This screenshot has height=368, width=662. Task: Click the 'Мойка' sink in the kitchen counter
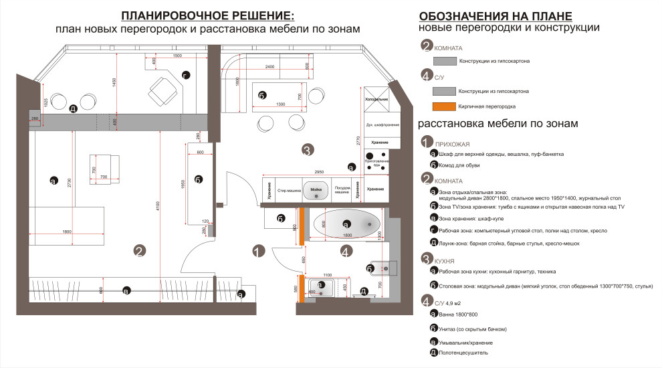316,190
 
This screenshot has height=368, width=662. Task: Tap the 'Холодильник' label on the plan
376,98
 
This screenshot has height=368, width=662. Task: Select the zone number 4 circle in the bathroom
345,252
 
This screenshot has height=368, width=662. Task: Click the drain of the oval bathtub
368,223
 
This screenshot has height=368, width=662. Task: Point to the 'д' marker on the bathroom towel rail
364,291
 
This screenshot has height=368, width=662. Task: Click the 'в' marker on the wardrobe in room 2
126,290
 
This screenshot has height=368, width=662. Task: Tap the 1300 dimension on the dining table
280,104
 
